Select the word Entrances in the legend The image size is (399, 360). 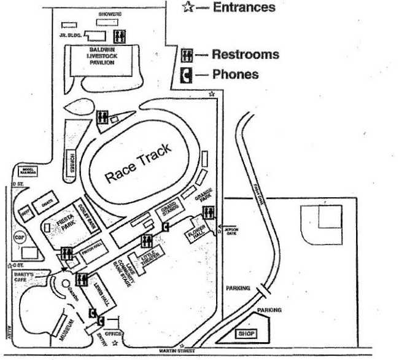tap(244, 7)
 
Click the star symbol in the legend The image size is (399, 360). tap(188, 7)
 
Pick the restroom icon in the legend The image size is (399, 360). tap(188, 55)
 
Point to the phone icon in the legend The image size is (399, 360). tap(188, 75)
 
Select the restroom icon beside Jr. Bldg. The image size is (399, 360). tap(120, 35)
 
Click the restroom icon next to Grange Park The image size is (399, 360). tap(209, 212)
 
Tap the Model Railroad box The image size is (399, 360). tap(29, 171)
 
